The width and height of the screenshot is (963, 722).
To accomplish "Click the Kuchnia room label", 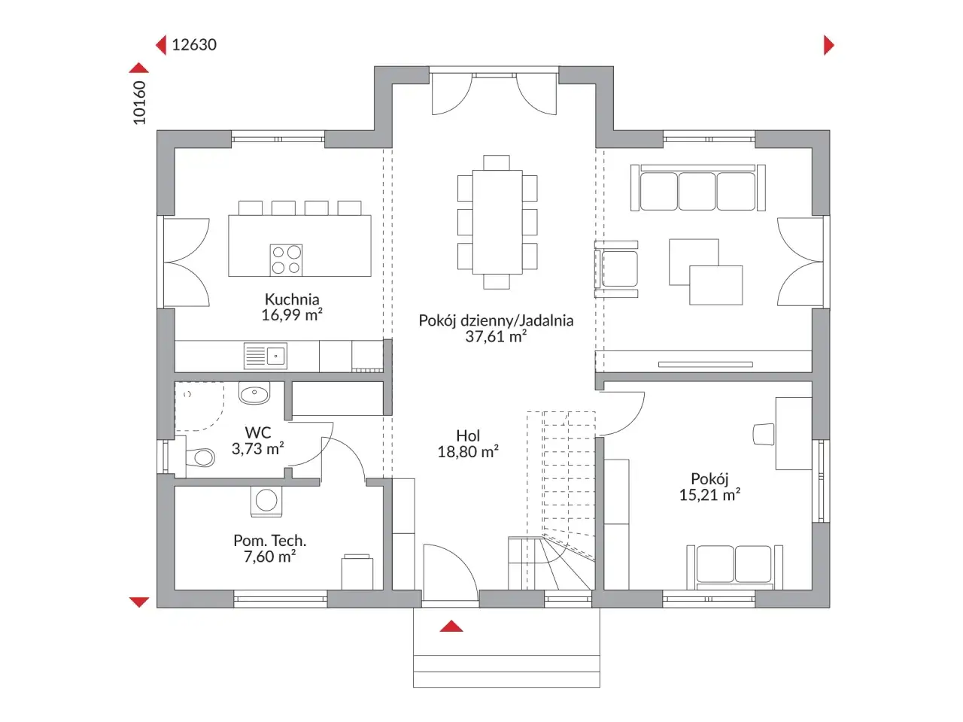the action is coord(292,299).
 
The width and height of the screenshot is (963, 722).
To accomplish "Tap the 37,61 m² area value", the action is coord(496,336).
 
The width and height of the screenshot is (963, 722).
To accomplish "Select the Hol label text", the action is coord(468,435).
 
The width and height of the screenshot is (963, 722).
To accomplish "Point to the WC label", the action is coord(258,432).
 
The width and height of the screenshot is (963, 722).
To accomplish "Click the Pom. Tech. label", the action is coord(270,541).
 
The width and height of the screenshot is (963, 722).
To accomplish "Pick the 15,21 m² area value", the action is coord(710,495).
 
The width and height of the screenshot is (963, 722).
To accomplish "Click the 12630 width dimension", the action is coord(194,44).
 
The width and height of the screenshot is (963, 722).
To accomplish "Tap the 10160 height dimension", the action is coord(139,102).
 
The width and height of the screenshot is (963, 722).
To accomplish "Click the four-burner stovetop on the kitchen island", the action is coord(286,259).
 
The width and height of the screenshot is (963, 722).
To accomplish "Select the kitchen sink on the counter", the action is coord(266,356).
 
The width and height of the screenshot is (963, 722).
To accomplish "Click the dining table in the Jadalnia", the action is coord(497,222).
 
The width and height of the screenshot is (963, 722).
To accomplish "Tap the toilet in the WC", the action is coord(199,458).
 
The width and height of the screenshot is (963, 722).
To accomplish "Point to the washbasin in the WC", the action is coord(254,393).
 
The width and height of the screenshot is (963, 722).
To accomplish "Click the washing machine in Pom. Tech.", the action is coord(266,501).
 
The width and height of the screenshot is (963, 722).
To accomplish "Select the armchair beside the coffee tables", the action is coord(616,269).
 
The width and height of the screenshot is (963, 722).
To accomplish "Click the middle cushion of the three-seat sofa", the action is coord(697,191).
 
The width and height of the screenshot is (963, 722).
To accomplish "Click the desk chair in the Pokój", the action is coord(764,434).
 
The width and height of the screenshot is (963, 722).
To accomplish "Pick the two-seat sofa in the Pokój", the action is coord(734,567).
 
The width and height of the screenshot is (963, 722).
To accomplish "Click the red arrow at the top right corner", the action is coord(828,45).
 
